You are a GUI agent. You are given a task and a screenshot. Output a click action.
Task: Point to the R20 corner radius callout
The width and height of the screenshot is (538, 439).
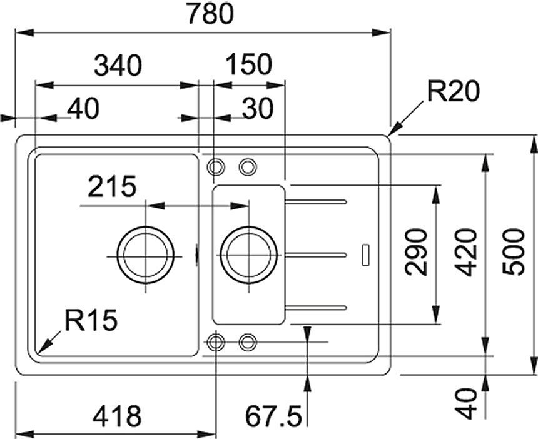pyautogui.click(x=453, y=92)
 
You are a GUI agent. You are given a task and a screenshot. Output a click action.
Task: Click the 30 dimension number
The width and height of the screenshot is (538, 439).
pyautogui.click(x=257, y=109)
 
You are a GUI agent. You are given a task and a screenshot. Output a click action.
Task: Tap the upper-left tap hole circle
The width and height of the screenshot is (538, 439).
pyautogui.click(x=216, y=167)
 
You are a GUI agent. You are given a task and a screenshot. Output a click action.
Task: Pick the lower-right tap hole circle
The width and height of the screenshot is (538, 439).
pyautogui.click(x=248, y=341)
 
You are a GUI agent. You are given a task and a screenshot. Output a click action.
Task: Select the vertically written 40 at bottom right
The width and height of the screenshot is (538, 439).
pyautogui.click(x=466, y=403)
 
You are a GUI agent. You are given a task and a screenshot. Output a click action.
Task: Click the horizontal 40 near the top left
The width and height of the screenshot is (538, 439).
pyautogui.click(x=84, y=109)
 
